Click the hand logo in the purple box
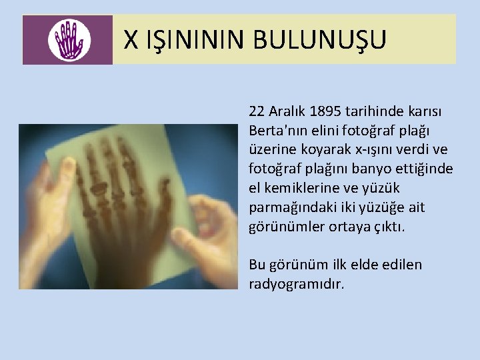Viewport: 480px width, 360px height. (67, 40)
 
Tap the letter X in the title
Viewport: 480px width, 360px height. (131, 40)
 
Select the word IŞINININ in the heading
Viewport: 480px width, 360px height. (198, 40)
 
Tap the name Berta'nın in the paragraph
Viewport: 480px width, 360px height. (275, 129)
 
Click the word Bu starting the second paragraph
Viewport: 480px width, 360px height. (257, 265)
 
